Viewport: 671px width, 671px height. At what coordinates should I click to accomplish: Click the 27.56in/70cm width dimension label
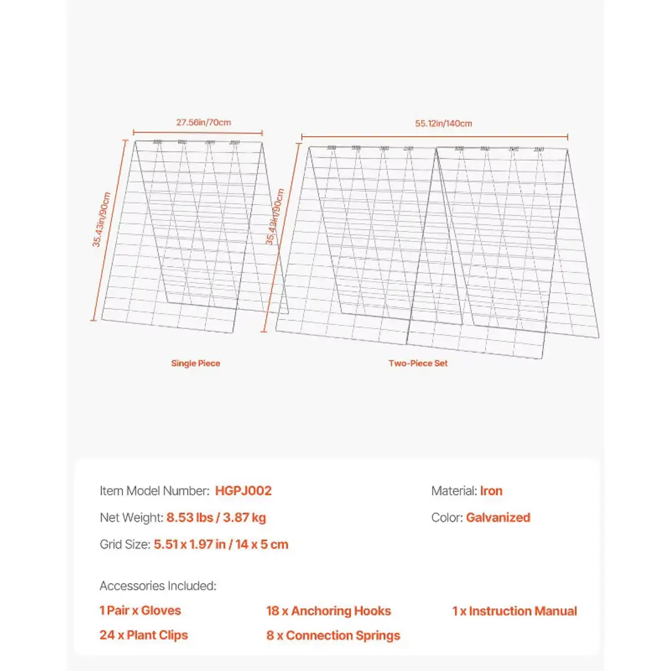[203, 122]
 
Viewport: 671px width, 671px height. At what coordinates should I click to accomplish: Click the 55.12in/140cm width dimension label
[443, 123]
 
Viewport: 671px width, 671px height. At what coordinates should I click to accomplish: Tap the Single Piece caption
[195, 363]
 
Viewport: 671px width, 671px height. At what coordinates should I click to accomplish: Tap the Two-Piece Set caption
[418, 363]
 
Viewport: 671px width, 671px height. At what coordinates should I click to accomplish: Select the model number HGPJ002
[243, 491]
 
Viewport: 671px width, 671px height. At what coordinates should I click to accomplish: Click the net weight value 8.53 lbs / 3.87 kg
[216, 518]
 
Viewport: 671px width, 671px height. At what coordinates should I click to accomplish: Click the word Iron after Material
[491, 491]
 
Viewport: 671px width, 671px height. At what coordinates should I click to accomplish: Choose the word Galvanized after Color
[498, 518]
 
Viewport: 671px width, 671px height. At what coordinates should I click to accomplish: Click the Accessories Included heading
[158, 586]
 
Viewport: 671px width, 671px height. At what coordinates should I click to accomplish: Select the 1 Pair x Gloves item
[140, 611]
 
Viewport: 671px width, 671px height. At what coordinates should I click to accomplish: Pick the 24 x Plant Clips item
[144, 636]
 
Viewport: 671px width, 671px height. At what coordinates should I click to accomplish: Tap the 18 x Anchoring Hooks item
[328, 611]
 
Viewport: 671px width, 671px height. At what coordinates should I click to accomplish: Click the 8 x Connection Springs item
[333, 636]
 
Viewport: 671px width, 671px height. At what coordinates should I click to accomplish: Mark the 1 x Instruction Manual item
[514, 611]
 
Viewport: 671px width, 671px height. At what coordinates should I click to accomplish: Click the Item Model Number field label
[155, 491]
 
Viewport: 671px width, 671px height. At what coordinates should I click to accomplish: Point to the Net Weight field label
[131, 518]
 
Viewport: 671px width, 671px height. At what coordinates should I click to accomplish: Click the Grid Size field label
[125, 545]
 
